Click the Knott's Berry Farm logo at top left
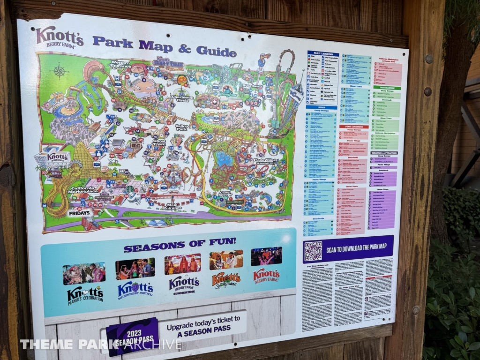coord(59,37)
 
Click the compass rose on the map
coord(60,71)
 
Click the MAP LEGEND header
coord(323,54)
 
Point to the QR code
coord(313,251)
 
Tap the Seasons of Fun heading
coord(180,243)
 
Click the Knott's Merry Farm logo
coord(266,275)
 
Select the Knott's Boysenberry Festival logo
coord(135,289)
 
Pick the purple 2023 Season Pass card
coord(132,334)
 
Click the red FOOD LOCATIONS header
coord(354,126)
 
